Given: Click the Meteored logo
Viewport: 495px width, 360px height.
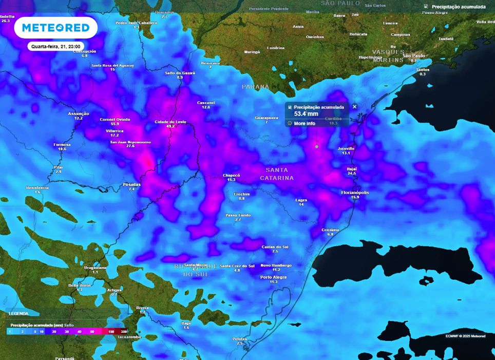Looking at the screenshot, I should pyautogui.click(x=55, y=28).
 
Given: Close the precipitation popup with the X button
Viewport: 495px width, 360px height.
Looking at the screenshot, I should pyautogui.click(x=354, y=107).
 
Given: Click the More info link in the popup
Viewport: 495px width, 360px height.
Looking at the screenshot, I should pyautogui.click(x=304, y=123).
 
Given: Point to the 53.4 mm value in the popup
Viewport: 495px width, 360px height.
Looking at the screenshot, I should pyautogui.click(x=307, y=114).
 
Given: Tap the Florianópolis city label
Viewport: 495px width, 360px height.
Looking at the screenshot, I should pyautogui.click(x=355, y=193).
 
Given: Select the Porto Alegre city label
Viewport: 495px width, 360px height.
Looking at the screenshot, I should pyautogui.click(x=273, y=277).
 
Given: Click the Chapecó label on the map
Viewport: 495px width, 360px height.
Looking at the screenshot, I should pyautogui.click(x=231, y=175).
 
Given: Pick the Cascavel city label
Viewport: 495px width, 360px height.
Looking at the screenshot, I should pyautogui.click(x=206, y=103).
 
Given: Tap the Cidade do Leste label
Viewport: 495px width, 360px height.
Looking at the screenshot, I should pyautogui.click(x=170, y=122).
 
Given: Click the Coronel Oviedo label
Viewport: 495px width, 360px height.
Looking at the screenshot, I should pyautogui.click(x=115, y=119).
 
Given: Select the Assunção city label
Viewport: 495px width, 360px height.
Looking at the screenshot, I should pyautogui.click(x=79, y=113).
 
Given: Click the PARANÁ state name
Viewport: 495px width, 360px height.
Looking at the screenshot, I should pyautogui.click(x=256, y=87).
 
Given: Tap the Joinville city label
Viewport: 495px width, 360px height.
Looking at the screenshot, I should pyautogui.click(x=346, y=148).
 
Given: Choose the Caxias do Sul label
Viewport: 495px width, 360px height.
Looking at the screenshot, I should pyautogui.click(x=275, y=247).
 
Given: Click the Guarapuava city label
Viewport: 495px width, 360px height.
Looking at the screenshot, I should pyautogui.click(x=266, y=118).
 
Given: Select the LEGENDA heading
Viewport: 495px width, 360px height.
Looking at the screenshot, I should pyautogui.click(x=19, y=313).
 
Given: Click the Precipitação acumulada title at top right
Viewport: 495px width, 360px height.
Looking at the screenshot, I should pyautogui.click(x=458, y=7).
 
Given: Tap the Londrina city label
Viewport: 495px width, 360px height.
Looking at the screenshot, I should pyautogui.click(x=276, y=48).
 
